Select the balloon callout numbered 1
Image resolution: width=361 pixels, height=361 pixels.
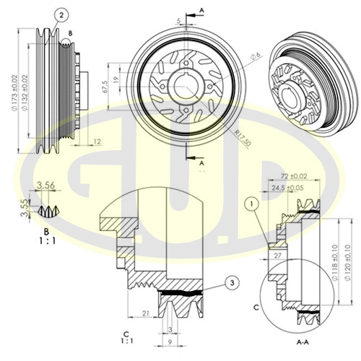coord(251,204)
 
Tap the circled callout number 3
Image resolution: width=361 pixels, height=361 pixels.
coord(230,282)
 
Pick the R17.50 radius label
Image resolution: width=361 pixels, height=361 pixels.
coord(242,136)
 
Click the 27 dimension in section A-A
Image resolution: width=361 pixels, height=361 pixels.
coord(278,253)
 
